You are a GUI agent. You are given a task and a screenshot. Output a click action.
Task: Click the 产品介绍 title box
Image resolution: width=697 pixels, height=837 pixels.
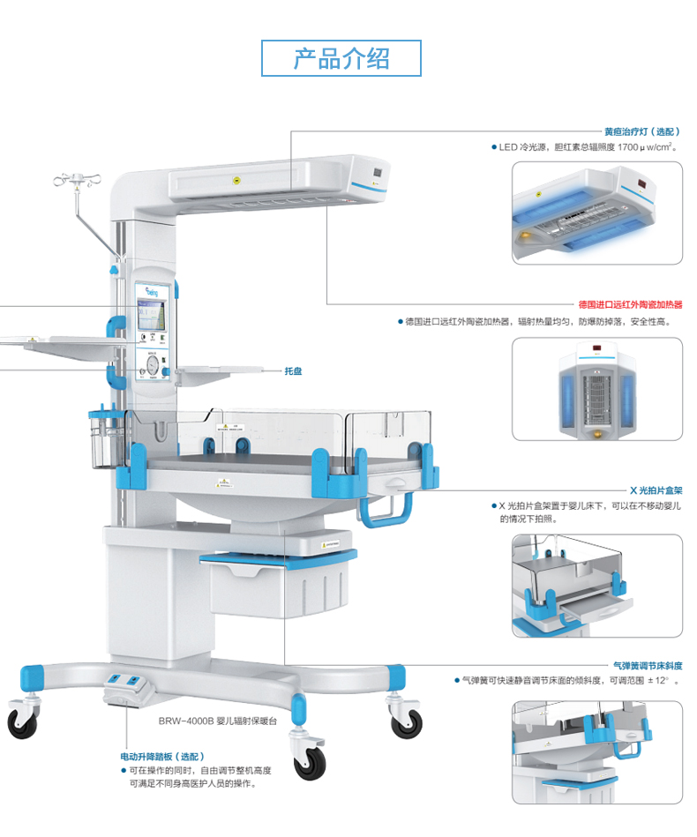click(x=341, y=58)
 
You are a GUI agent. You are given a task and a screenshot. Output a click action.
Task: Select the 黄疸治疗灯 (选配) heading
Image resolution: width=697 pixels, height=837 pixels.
click(x=641, y=131)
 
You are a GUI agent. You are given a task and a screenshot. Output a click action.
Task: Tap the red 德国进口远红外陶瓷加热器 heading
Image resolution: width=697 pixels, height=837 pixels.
click(x=630, y=304)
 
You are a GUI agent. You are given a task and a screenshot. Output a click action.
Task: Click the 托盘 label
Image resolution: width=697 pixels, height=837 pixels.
click(x=293, y=371)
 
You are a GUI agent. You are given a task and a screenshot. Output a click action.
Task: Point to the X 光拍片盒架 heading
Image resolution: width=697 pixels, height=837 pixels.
click(x=655, y=489)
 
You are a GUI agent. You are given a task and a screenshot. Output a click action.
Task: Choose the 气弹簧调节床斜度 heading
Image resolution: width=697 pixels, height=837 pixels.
click(x=647, y=666)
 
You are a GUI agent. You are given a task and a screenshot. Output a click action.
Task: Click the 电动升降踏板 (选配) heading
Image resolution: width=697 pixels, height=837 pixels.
click(x=162, y=757)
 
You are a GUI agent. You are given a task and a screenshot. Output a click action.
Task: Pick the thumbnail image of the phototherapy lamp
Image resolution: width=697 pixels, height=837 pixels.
click(x=597, y=212)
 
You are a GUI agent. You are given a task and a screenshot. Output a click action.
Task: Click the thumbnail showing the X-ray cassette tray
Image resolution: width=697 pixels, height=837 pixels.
click(x=597, y=585)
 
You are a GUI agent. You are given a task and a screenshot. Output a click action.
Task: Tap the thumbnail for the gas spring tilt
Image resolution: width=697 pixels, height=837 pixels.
click(x=597, y=751)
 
